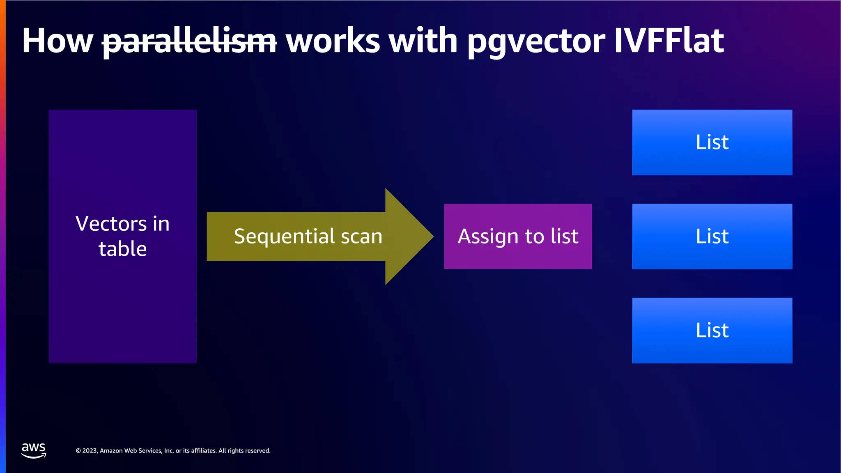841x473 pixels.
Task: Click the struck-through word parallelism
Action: coord(189,41)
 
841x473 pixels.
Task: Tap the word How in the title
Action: coord(57,41)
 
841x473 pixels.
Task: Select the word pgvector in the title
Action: coord(536,41)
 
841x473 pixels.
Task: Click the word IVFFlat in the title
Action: coord(669,41)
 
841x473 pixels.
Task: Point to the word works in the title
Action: coord(333,41)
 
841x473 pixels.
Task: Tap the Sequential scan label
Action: coord(308,236)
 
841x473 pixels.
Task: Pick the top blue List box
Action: coord(712,142)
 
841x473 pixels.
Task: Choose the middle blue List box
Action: coord(712,236)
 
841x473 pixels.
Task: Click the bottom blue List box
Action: coord(712,331)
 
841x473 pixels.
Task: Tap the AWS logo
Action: coord(34,450)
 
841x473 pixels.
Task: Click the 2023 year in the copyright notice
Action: coord(90,451)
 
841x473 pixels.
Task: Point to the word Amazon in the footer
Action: coord(111,451)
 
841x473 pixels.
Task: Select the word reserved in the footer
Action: coord(257,451)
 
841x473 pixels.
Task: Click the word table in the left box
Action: coord(122,249)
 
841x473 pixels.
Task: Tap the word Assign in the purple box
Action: coord(488,236)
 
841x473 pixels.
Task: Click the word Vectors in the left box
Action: coord(111,224)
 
